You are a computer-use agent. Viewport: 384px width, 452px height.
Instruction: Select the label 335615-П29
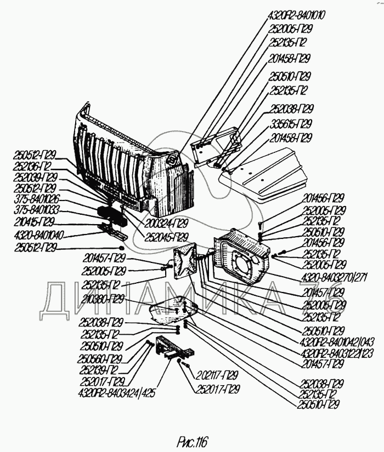[x=290, y=123]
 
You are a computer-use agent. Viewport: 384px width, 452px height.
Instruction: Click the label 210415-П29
[x=34, y=222]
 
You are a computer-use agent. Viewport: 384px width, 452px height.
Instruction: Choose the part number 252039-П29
[x=35, y=176]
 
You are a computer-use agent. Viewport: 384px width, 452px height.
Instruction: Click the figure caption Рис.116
[x=193, y=440]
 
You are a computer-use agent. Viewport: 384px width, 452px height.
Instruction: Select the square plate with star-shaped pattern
[x=185, y=261]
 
